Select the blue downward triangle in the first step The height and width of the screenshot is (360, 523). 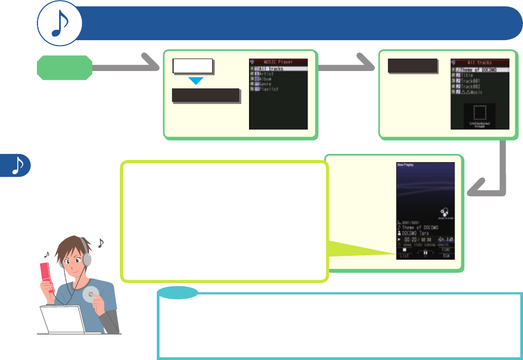pos(195,81)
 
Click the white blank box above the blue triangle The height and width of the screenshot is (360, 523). pos(192,67)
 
